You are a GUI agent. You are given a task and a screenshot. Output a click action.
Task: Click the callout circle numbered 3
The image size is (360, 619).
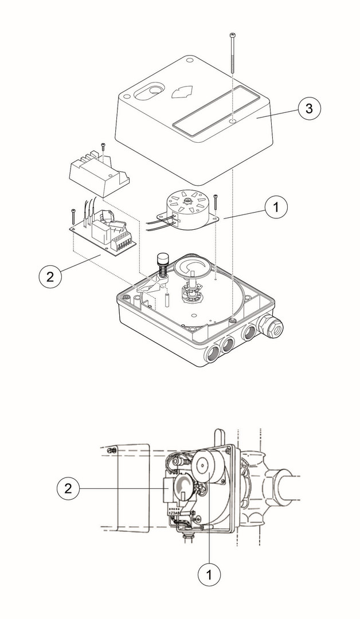tap(308, 109)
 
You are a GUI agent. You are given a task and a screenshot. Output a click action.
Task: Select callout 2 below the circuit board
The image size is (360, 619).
tap(50, 276)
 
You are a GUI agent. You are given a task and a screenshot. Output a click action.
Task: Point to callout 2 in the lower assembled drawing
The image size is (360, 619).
tap(69, 488)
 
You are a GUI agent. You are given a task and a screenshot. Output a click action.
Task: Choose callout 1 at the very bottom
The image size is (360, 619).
tap(210, 573)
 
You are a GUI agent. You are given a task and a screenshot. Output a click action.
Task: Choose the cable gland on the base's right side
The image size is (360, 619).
tap(273, 326)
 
